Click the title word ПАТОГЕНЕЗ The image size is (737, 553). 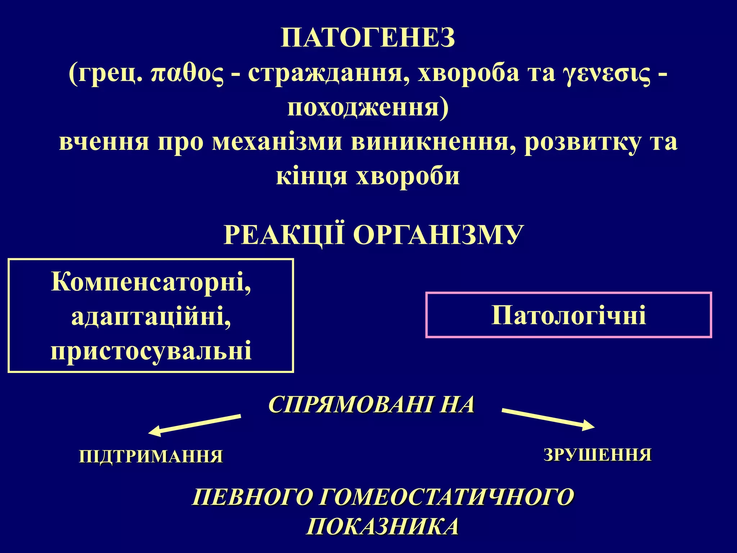click(368, 38)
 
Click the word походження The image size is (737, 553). click(368, 108)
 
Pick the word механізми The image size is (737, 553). click(277, 142)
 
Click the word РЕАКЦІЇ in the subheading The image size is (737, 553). click(284, 235)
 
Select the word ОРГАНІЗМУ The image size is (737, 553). click(438, 235)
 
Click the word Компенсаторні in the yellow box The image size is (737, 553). click(151, 282)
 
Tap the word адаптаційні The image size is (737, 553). click(151, 316)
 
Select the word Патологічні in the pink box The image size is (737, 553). click(569, 315)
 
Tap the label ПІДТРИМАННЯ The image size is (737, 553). click(151, 456)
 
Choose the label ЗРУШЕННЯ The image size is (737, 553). click(598, 455)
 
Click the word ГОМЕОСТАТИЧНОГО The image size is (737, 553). click(446, 497)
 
